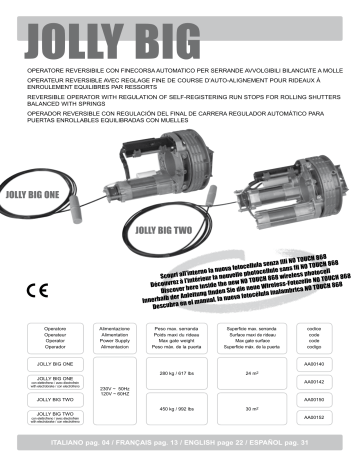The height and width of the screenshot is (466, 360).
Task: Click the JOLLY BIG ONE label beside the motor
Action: (37, 187)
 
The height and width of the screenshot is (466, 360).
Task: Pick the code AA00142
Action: (314, 381)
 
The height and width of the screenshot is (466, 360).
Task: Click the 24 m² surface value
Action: (253, 373)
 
